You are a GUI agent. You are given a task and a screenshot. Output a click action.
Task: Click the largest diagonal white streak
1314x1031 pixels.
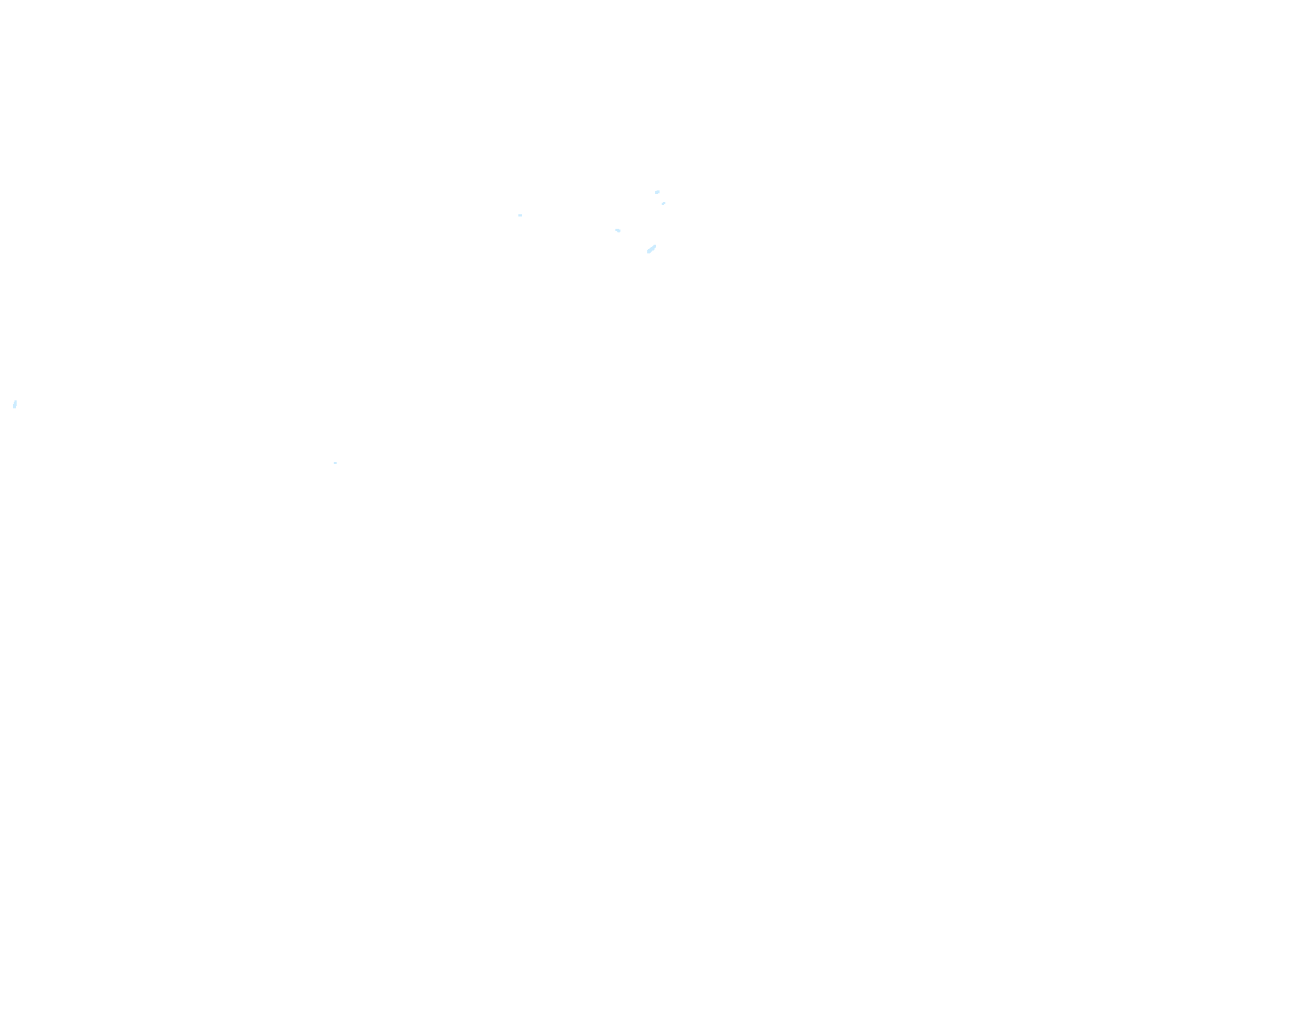pos(652,249)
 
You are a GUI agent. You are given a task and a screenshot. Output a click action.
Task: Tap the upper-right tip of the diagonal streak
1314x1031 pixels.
pos(655,246)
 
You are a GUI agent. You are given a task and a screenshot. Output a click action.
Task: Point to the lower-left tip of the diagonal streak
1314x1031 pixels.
pos(648,253)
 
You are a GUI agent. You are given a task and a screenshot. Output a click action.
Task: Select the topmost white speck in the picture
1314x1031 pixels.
pos(657,192)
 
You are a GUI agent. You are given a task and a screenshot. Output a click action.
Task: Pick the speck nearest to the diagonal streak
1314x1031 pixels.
pos(618,230)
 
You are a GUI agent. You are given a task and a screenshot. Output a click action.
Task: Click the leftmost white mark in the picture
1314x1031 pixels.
pos(14,404)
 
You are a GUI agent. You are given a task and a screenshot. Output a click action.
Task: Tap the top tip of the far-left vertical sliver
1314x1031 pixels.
pos(15,400)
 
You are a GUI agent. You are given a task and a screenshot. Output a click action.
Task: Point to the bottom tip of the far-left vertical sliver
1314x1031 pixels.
pos(14,408)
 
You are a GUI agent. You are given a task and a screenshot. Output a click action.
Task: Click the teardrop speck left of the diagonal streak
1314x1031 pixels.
pos(618,230)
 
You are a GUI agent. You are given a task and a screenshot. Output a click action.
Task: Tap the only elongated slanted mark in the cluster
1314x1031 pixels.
pos(652,249)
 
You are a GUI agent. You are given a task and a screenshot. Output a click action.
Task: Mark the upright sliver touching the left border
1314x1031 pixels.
pos(14,404)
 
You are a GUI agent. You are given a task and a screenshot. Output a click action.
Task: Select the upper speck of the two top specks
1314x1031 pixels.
pos(657,192)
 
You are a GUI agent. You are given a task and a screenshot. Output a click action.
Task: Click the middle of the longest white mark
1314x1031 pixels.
pos(652,249)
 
